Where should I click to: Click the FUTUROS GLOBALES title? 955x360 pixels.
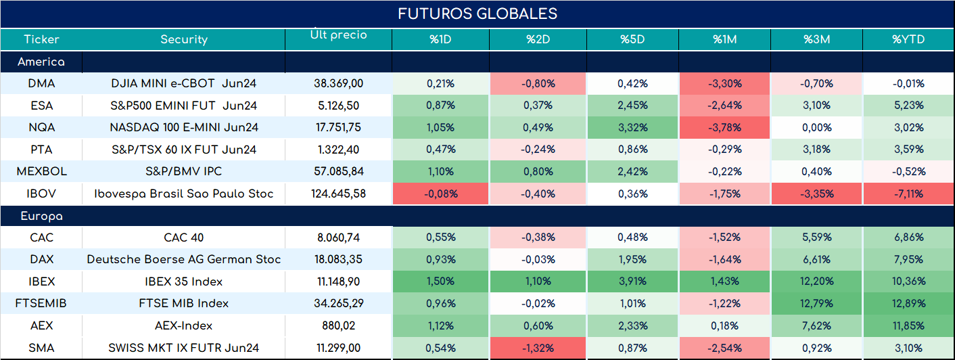[477, 14]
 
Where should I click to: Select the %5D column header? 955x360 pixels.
[632, 39]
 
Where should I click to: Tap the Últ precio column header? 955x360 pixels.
[339, 35]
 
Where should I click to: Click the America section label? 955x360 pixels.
[41, 62]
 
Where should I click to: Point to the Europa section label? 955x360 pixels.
[42, 217]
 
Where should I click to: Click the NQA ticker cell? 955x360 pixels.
[42, 127]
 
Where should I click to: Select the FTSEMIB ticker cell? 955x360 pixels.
[41, 303]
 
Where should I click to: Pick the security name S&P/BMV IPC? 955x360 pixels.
[184, 171]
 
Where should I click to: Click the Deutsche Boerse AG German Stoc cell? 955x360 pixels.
[184, 259]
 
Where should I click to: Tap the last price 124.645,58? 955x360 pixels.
[339, 194]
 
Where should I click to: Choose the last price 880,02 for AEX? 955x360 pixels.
[339, 325]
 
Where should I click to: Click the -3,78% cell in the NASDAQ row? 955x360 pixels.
[725, 127]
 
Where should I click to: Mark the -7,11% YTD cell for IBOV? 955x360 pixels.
[908, 194]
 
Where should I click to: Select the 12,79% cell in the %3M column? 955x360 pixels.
[816, 303]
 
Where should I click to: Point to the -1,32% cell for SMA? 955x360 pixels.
[538, 348]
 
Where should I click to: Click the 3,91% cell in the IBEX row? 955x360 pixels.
[632, 282]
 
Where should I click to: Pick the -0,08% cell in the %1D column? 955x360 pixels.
[440, 194]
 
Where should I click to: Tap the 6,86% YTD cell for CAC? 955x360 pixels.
[908, 237]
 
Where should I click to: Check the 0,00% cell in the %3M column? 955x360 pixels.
[816, 127]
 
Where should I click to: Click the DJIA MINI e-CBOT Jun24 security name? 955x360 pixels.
[184, 83]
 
